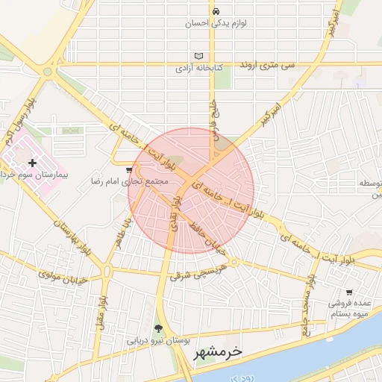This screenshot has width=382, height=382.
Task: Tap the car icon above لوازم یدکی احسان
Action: (216, 12)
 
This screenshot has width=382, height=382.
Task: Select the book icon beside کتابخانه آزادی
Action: (198, 56)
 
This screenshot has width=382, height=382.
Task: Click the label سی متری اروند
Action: (266, 66)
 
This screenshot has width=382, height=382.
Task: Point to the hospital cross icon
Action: (31, 162)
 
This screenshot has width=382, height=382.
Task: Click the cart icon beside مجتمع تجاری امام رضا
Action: (129, 170)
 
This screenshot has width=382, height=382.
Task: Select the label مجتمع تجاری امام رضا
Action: (130, 181)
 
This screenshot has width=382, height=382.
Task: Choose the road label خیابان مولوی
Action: (63, 277)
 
